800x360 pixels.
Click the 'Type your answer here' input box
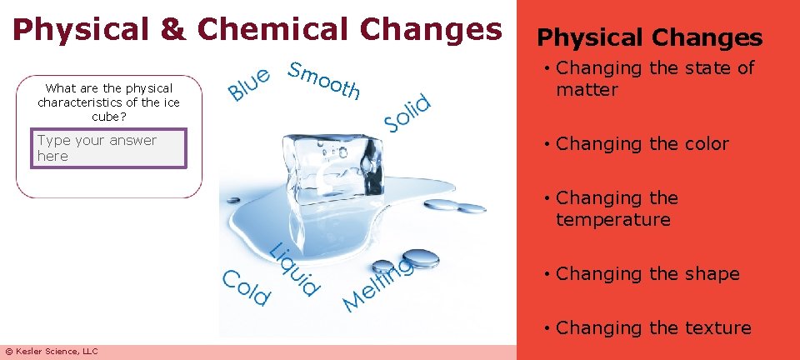coord(108,149)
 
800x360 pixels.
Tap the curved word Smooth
coord(324,79)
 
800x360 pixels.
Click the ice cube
coord(319,162)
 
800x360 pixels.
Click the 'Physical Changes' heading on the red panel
coord(649,37)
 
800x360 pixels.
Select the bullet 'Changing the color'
coord(642,144)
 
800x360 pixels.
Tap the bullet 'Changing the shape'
coord(647,274)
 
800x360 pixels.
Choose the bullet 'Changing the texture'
coord(652,328)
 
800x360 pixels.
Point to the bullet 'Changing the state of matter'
coord(654,79)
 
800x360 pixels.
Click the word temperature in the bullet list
coord(613,220)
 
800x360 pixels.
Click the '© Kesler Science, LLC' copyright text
coord(52,352)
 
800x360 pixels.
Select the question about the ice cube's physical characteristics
coord(108,102)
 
